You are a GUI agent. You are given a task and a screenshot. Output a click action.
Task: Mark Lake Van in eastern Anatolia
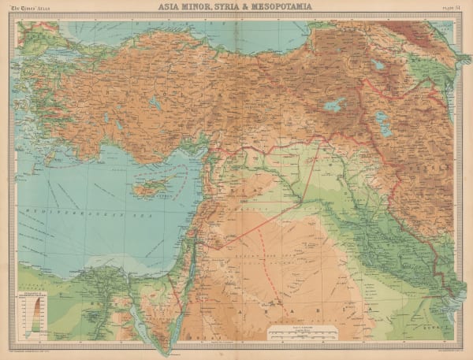335,103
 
